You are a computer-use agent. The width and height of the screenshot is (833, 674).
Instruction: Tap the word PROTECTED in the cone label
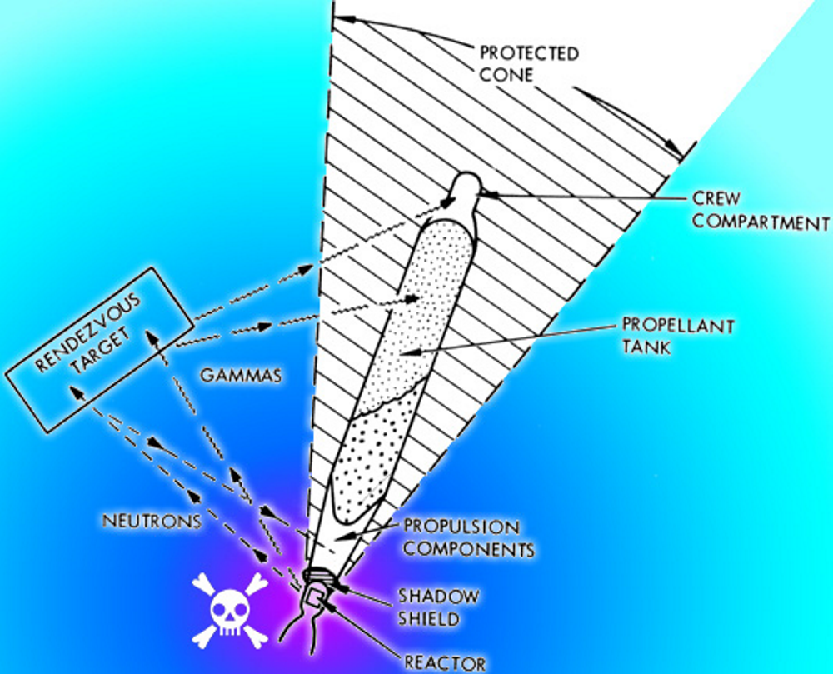tap(528, 54)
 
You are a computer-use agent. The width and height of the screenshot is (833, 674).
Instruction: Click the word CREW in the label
tap(716, 201)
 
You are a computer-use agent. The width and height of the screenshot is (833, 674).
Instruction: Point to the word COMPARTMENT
tap(761, 222)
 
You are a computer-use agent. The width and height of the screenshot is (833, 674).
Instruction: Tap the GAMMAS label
tap(240, 376)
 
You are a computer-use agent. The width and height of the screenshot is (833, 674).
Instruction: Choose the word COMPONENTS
tap(469, 550)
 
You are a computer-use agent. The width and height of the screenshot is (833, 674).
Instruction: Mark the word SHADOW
tap(438, 597)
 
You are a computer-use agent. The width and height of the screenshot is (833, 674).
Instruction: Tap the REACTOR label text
tap(446, 663)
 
